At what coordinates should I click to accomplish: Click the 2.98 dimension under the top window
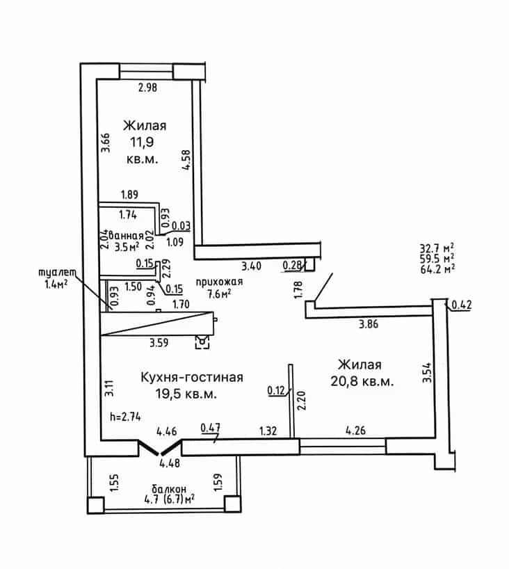click(x=147, y=88)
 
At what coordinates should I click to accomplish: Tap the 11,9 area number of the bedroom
click(x=142, y=142)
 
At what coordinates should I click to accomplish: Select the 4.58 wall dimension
click(x=186, y=160)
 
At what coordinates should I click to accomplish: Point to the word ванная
click(x=126, y=236)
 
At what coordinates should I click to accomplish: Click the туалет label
click(x=57, y=273)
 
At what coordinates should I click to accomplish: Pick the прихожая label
click(x=219, y=282)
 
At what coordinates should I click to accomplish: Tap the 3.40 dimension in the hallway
click(x=252, y=266)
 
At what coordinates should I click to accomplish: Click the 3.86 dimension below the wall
click(x=369, y=323)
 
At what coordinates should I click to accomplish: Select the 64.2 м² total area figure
click(x=437, y=269)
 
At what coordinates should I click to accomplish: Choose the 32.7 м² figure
click(x=437, y=248)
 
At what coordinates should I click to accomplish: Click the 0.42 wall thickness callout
click(x=462, y=305)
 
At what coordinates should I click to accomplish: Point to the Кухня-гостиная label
click(x=192, y=378)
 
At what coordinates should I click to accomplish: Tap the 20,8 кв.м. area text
click(x=362, y=381)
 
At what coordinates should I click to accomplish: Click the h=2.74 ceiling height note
click(x=126, y=417)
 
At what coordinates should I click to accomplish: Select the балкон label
click(x=169, y=489)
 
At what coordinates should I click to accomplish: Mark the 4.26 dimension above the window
click(x=355, y=431)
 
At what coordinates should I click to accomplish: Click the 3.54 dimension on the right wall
click(x=427, y=372)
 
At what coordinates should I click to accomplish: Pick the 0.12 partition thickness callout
click(x=277, y=390)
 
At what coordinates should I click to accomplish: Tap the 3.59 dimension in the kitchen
click(x=159, y=342)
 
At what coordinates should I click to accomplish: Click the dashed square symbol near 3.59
click(x=202, y=342)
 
